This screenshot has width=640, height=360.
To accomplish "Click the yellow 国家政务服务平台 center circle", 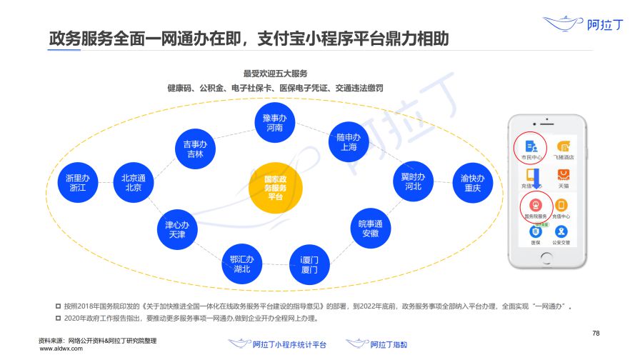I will pyautogui.click(x=275, y=189).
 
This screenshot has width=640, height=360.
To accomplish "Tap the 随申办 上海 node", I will pyautogui.click(x=349, y=141).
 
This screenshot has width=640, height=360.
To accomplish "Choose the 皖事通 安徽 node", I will pyautogui.click(x=370, y=229).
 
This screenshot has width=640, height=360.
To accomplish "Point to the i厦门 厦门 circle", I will pyautogui.click(x=309, y=264).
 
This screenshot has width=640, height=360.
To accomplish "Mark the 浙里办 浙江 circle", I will pyautogui.click(x=76, y=182).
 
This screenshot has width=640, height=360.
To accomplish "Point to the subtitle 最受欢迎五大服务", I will pyautogui.click(x=274, y=73).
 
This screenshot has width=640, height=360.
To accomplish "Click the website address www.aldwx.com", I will pyautogui.click(x=60, y=349).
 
